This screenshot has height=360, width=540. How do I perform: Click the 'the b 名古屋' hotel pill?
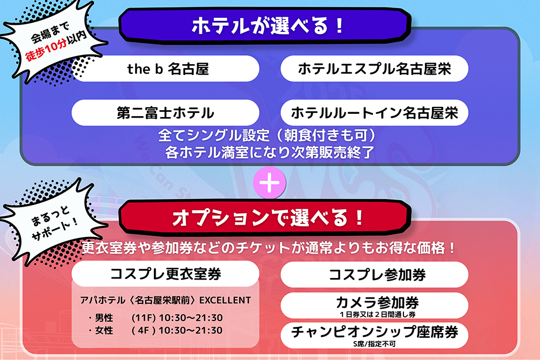pyautogui.click(x=165, y=69)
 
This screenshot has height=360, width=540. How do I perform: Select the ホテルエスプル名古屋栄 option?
pyautogui.click(x=374, y=69)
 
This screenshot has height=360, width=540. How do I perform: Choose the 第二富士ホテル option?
pyautogui.click(x=165, y=113)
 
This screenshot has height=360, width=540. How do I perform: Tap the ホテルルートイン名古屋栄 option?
pyautogui.click(x=374, y=113)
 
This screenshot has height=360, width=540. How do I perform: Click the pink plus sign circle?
pyautogui.click(x=269, y=182)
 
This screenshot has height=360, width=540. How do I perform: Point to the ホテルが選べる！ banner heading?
pyautogui.click(x=265, y=26)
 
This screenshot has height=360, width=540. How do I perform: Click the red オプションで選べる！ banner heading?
pyautogui.click(x=265, y=218)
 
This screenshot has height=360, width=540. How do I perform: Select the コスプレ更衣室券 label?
pyautogui.click(x=165, y=274)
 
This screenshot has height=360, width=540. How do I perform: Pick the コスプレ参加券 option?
pyautogui.click(x=374, y=275)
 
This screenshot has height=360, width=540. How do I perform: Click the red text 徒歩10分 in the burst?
pyautogui.click(x=45, y=51)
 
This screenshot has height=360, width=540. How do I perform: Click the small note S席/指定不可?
pyautogui.click(x=374, y=343)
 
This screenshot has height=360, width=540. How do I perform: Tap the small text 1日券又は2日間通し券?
pyautogui.click(x=377, y=314)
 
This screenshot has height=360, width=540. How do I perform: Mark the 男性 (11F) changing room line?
pyautogui.click(x=155, y=317)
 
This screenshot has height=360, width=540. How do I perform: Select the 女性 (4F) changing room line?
pyautogui.click(x=155, y=330)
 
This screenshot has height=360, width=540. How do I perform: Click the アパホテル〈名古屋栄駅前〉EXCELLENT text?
pyautogui.click(x=165, y=300)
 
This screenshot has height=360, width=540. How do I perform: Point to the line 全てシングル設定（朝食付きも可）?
pyautogui.click(x=267, y=135)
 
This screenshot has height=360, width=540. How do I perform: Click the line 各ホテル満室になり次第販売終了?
pyautogui.click(x=269, y=152)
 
